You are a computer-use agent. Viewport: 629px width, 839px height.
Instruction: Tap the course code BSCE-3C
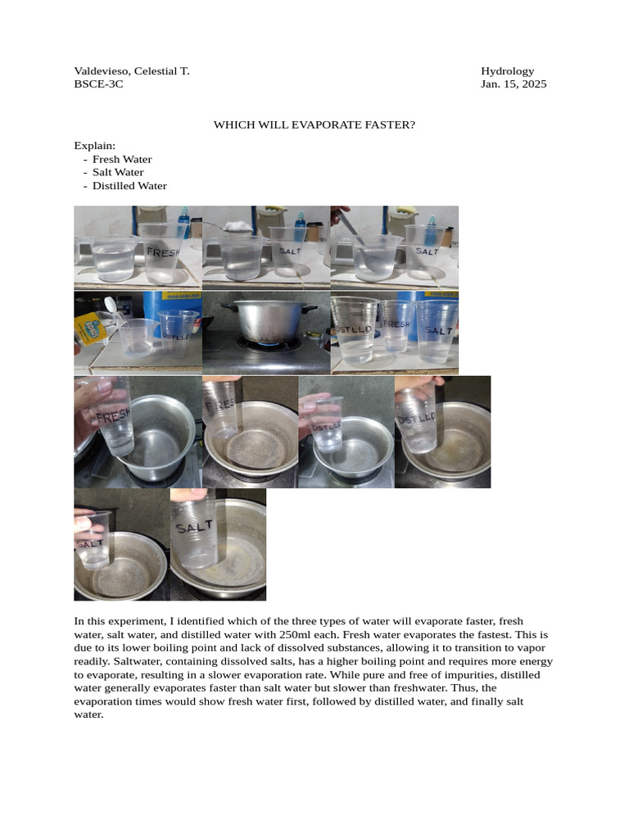(98, 84)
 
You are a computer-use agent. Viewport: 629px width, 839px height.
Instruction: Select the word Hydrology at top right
(507, 71)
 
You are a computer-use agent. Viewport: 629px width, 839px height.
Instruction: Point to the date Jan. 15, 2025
(513, 84)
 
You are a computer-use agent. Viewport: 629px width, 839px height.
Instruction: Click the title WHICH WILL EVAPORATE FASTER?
(314, 125)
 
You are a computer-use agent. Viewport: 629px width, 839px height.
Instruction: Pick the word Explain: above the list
(94, 146)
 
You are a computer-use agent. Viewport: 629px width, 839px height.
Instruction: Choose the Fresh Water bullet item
(122, 159)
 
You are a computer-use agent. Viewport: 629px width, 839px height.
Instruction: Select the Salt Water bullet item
(118, 172)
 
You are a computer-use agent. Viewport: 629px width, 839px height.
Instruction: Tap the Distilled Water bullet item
(129, 185)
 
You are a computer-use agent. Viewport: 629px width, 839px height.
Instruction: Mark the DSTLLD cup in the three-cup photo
(354, 329)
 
